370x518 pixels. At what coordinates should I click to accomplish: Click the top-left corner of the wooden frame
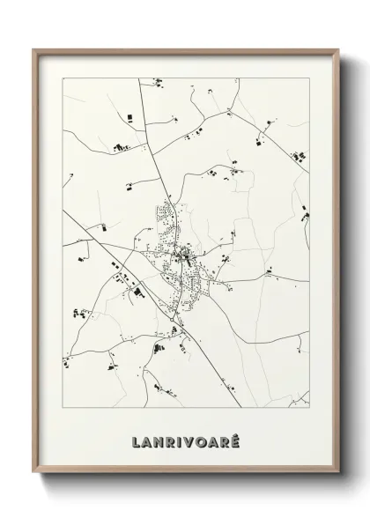click(x=33, y=50)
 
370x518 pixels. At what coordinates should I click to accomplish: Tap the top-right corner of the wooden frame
click(x=336, y=50)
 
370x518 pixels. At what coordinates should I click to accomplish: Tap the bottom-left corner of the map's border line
click(x=60, y=409)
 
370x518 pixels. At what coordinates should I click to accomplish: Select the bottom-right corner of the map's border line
click(x=309, y=409)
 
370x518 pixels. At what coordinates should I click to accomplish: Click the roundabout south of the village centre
click(x=177, y=330)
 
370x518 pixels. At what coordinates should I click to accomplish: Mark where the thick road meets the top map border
click(x=140, y=78)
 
